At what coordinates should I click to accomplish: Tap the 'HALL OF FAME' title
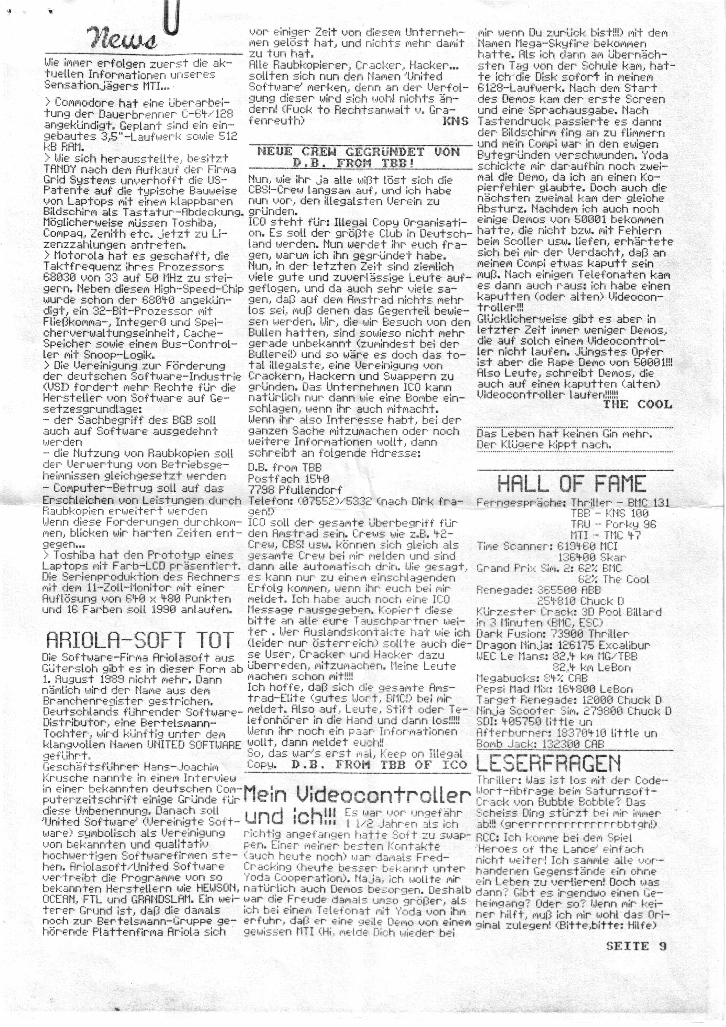coord(571,484)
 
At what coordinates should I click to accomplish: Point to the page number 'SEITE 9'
coord(636,946)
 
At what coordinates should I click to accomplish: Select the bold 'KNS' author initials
coord(455,121)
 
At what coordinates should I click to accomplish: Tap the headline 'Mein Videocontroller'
coord(357,795)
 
